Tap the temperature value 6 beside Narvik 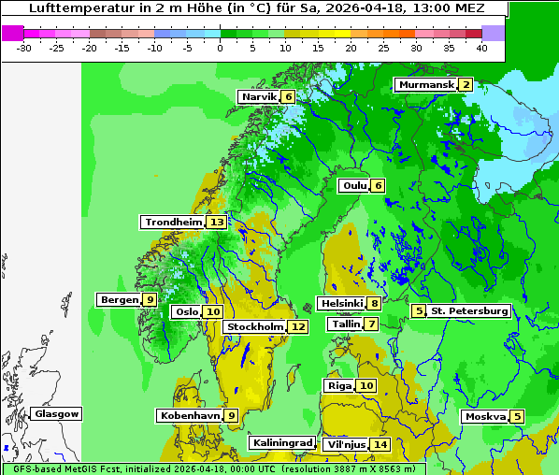tap(289, 97)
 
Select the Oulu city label tap(354, 185)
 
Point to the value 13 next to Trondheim tap(217, 223)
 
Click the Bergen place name tap(119, 300)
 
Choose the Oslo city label tap(187, 312)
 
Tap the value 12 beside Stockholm tap(298, 327)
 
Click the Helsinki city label tap(341, 303)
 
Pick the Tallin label tap(346, 324)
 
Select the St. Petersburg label tap(468, 311)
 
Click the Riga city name tap(339, 386)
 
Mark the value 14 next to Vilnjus tap(380, 445)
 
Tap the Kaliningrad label tap(281, 443)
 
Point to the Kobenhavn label tap(189, 415)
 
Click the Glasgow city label tap(56, 414)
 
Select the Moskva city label tap(485, 417)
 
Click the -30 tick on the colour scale tap(24, 47)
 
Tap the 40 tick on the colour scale tap(480, 47)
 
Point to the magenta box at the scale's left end tap(13, 33)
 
